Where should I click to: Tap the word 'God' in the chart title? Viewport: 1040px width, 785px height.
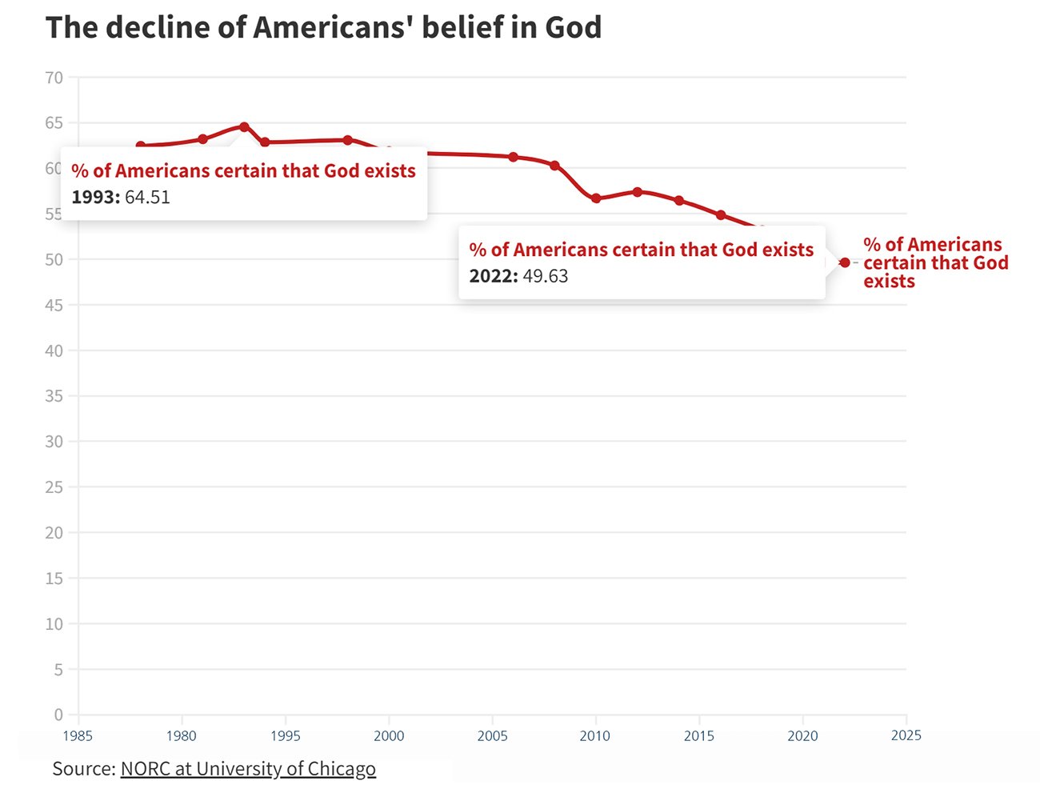[x=573, y=27]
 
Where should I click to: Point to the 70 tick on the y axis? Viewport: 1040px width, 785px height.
[x=54, y=78]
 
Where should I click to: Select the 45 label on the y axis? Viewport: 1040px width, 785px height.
[x=54, y=305]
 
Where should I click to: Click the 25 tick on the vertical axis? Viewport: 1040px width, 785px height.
[x=54, y=487]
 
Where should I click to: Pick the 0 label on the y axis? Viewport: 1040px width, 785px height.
[x=58, y=715]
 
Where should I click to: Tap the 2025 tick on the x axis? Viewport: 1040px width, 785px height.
[x=906, y=735]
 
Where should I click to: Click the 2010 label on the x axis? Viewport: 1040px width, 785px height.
[x=595, y=735]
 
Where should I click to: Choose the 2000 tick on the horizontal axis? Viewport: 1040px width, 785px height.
[x=389, y=735]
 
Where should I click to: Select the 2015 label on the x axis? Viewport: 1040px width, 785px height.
[x=698, y=735]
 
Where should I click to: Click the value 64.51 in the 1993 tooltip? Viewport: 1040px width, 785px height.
[x=147, y=198]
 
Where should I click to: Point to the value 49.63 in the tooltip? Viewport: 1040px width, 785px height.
[x=545, y=276]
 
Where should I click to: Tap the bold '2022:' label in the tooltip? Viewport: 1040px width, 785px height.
[x=494, y=276]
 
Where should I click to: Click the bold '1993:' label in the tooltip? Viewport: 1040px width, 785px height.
[x=96, y=198]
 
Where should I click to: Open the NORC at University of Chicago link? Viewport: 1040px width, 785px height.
[x=248, y=769]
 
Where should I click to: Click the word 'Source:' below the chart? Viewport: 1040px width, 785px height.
[x=84, y=769]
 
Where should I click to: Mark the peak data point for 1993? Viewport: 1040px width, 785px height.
[x=244, y=127]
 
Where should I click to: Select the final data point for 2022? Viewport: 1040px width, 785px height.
[x=845, y=262]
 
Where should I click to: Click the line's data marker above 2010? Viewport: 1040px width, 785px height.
[x=596, y=198]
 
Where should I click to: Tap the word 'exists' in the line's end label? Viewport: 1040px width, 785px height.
[x=889, y=282]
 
